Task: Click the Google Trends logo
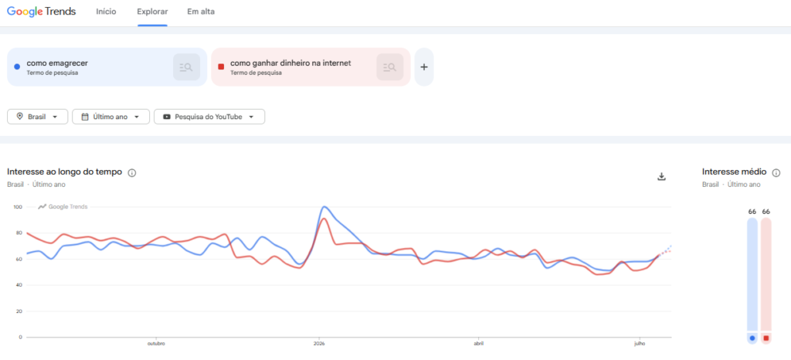[x=42, y=12]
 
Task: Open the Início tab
[x=106, y=12]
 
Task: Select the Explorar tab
[x=152, y=12]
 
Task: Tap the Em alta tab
[x=201, y=12]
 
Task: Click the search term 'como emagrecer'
[x=57, y=63]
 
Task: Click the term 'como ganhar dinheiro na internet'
[x=290, y=63]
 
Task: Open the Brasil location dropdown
[x=37, y=117]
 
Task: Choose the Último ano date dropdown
[x=111, y=117]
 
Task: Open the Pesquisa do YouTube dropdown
[x=209, y=117]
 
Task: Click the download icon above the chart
[x=662, y=176]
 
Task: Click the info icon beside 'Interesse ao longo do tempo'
[x=132, y=173]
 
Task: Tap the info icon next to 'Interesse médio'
[x=776, y=173]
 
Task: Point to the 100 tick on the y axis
[x=19, y=207]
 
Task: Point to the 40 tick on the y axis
[x=19, y=285]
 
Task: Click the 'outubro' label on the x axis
[x=156, y=344]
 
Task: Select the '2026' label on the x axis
[x=319, y=344]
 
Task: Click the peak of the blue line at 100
[x=324, y=207]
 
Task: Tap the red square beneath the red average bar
[x=766, y=338]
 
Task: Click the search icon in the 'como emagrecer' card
[x=186, y=67]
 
